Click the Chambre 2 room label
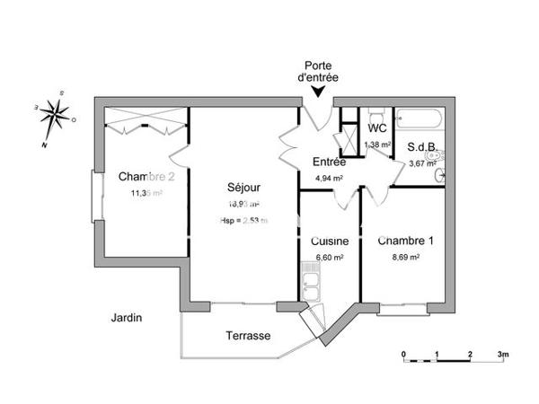coord(146,177)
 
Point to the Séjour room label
coord(243,188)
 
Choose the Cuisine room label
coord(330,241)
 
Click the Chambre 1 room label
coord(405,241)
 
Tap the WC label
coord(377,128)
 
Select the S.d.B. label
coord(421,147)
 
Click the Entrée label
coord(329,162)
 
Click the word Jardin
coord(126,317)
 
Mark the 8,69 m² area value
coord(405,256)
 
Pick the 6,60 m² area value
coord(330,256)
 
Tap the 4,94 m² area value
coord(330,178)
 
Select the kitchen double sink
coord(313,289)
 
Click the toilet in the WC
coord(378,115)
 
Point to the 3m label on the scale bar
coord(503,354)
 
